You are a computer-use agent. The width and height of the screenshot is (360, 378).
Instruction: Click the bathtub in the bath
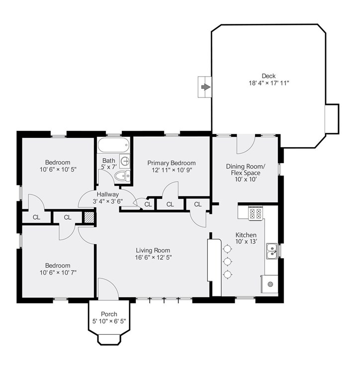(113, 145)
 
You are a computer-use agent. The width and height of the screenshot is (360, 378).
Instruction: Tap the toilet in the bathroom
(122, 176)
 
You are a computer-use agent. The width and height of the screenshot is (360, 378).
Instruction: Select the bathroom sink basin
(125, 161)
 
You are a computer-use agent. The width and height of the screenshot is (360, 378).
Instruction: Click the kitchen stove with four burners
(256, 213)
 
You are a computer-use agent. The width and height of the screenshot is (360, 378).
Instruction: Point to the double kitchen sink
(272, 251)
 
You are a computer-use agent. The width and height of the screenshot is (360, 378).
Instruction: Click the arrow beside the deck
(206, 87)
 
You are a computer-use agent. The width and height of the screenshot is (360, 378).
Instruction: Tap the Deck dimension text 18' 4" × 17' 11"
(269, 83)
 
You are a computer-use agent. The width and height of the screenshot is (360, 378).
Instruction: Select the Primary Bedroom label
(172, 163)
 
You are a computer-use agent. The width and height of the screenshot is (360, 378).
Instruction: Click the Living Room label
(153, 250)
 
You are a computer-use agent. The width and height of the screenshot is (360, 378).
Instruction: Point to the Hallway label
(108, 194)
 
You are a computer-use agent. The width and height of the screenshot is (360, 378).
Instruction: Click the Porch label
(109, 314)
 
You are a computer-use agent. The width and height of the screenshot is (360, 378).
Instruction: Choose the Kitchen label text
(246, 235)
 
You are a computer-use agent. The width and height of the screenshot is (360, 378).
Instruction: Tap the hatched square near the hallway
(89, 217)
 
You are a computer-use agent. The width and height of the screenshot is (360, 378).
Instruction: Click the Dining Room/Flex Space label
(246, 170)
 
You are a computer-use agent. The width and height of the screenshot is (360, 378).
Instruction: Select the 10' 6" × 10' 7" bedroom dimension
(58, 273)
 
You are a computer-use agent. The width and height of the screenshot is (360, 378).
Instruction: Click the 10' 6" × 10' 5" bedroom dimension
(58, 169)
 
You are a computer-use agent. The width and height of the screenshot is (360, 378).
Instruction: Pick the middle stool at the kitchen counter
(228, 261)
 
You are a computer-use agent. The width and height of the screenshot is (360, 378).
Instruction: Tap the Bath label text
(109, 161)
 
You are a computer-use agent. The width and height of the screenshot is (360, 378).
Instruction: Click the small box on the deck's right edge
(332, 119)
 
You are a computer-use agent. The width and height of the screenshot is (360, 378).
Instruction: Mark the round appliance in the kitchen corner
(270, 284)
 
